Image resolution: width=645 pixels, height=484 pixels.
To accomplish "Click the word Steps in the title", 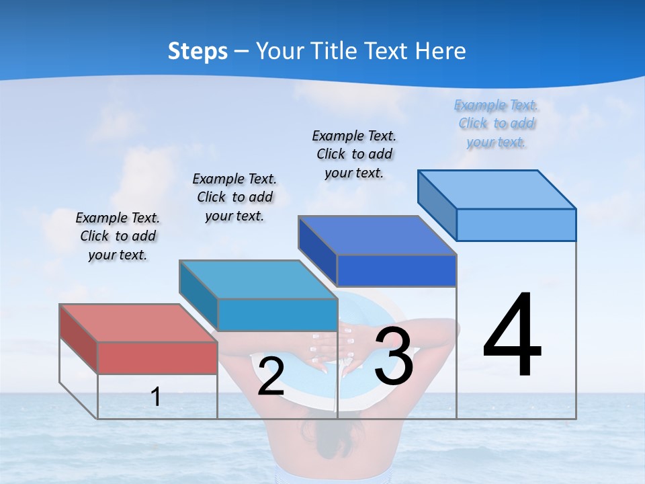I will pyautogui.click(x=198, y=51).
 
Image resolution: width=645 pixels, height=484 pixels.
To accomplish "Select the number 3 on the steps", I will pyautogui.click(x=394, y=357).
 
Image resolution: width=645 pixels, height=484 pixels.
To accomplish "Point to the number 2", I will pyautogui.click(x=271, y=376).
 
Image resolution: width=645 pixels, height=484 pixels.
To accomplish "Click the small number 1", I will pyautogui.click(x=156, y=397).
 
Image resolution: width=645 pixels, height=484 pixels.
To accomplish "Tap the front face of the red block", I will pyautogui.click(x=157, y=358).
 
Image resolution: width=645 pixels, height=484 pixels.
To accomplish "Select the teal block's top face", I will pyautogui.click(x=258, y=279).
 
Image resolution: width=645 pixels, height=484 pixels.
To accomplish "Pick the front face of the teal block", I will pyautogui.click(x=277, y=315).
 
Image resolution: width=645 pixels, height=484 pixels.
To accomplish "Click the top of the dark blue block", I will pyautogui.click(x=377, y=235).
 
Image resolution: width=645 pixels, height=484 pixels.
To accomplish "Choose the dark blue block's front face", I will pyautogui.click(x=396, y=270).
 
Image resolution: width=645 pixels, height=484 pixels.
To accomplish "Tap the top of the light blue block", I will pyautogui.click(x=497, y=190).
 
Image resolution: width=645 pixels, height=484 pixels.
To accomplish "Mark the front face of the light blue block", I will pyautogui.click(x=516, y=225).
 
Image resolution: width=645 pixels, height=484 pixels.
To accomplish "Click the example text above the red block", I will pyautogui.click(x=118, y=237).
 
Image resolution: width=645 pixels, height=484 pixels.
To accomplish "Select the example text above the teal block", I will pyautogui.click(x=234, y=198).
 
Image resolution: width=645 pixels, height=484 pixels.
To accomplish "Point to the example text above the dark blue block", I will pyautogui.click(x=354, y=154).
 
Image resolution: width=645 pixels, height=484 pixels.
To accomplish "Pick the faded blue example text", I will pyautogui.click(x=497, y=124).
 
